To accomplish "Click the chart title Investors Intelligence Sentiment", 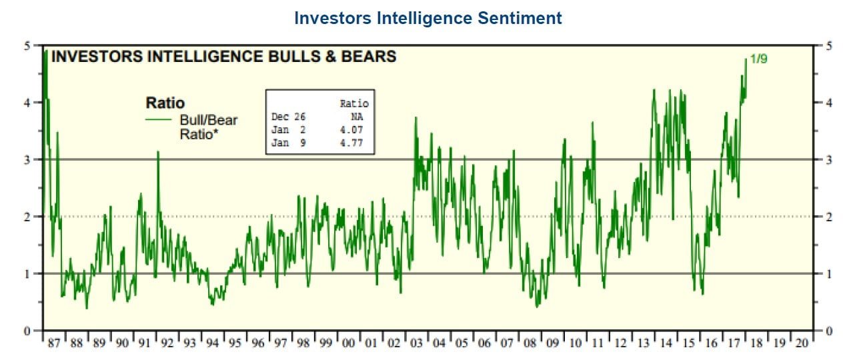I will coord(428,18).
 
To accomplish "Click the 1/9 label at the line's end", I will coord(759,59).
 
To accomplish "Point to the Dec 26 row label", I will coord(288,117).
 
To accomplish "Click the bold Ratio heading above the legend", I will coord(165,103).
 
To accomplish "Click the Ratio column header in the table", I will coord(354,103).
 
